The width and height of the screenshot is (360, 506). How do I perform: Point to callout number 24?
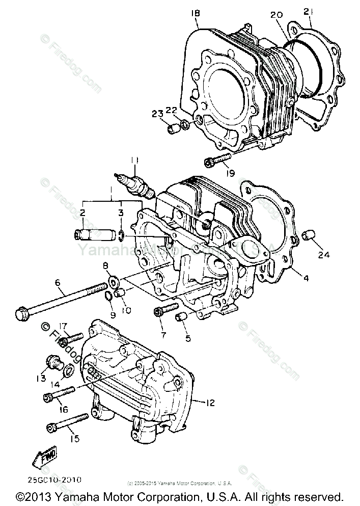(324, 254)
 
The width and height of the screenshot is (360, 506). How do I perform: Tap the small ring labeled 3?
(120, 235)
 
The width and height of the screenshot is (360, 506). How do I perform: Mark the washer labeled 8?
(113, 280)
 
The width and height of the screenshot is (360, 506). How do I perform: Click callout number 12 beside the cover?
(210, 403)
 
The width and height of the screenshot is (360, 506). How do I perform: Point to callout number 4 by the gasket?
(305, 278)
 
